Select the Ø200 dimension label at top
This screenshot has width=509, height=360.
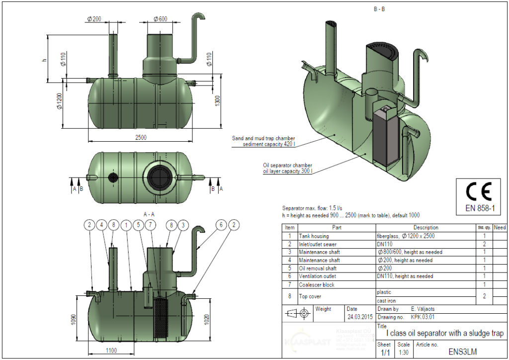[x=93, y=19]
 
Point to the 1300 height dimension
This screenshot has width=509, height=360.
[x=217, y=102]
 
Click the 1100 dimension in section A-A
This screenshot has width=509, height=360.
[x=111, y=351]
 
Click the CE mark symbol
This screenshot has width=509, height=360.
[x=478, y=192]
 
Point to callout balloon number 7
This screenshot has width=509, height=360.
[x=150, y=225]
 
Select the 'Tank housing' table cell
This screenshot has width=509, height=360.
[x=314, y=236]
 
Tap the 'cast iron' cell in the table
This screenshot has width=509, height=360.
[x=386, y=301]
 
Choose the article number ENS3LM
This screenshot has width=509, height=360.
[x=462, y=352]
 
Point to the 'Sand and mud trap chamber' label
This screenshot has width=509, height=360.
[x=263, y=138]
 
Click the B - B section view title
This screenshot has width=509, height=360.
[x=379, y=9]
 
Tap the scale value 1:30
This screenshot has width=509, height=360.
[x=404, y=353]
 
